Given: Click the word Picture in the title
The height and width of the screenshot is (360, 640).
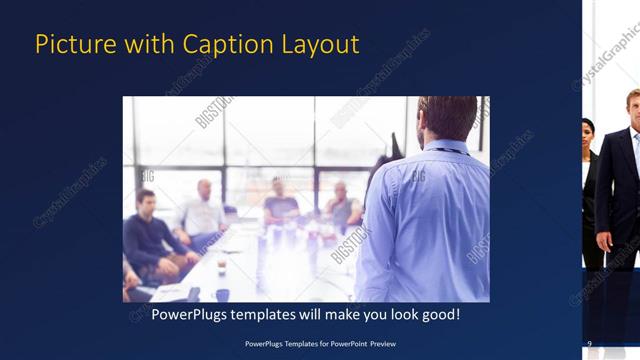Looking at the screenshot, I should (69, 45).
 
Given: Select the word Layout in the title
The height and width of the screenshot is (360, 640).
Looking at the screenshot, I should (320, 45).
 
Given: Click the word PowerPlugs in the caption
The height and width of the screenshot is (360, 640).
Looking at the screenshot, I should (189, 315).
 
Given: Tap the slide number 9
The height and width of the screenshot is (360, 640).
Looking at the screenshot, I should (589, 344).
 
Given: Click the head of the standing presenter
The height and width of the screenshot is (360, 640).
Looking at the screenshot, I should (447, 117).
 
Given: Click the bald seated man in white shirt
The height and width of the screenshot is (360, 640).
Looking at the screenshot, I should (204, 210).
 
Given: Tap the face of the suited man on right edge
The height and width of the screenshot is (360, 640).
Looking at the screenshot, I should (633, 104).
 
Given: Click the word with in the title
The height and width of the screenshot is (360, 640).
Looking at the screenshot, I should (139, 45).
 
